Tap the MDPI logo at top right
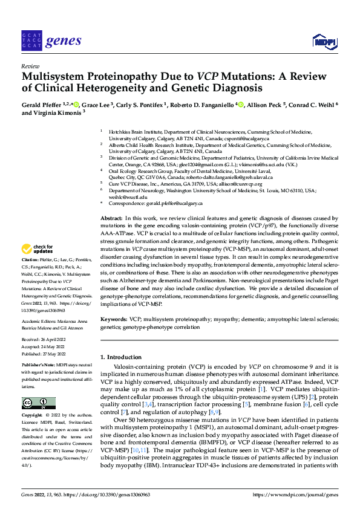tap(323, 41)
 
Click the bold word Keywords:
tap(114, 319)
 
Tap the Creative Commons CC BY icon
tap(38, 403)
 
